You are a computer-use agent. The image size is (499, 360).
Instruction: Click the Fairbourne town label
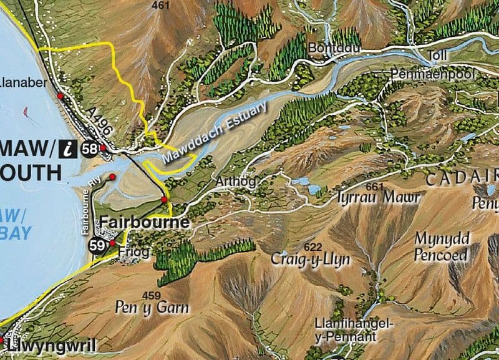point(145,223)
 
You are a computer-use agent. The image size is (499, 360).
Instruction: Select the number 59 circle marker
point(97,245)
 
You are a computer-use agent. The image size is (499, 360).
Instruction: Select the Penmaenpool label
point(433,74)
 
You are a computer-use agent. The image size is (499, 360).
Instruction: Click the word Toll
point(438,56)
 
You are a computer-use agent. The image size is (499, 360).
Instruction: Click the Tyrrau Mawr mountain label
point(369,198)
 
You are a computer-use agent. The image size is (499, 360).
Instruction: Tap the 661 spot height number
point(375,186)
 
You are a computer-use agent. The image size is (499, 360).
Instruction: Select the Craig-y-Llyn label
point(310,259)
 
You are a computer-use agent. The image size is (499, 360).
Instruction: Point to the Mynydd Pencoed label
point(440,248)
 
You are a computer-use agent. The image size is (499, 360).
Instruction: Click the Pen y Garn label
point(152,307)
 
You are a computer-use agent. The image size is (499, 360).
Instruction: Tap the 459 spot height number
point(152,294)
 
